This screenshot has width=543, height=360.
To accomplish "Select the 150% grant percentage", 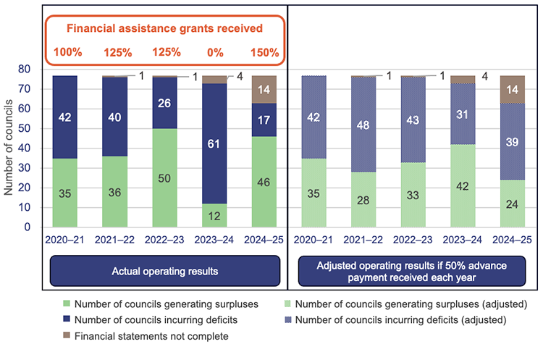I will [264, 52].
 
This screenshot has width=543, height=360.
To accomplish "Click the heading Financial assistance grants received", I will [165, 29].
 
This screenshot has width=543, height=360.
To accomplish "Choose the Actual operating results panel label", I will [166, 271].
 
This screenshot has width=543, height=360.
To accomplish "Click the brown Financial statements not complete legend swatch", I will [67, 335].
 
